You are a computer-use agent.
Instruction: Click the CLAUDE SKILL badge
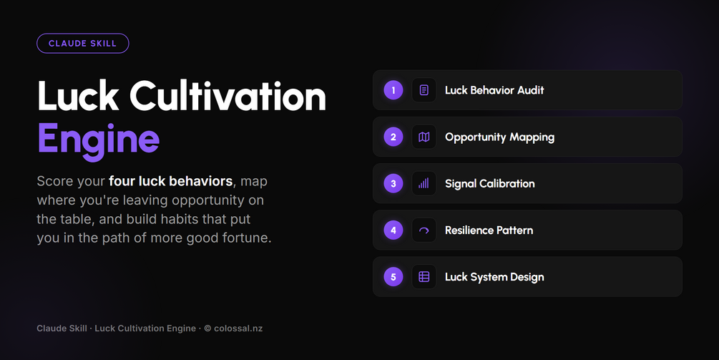[82, 44]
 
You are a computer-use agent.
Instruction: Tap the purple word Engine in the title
[98, 140]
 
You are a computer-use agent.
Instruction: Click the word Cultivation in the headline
[228, 96]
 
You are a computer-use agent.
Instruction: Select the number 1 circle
[393, 90]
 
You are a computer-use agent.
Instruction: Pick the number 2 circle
[393, 137]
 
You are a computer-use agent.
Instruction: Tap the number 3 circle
[393, 183]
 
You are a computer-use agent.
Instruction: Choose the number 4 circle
[393, 230]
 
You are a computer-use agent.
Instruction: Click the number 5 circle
[393, 277]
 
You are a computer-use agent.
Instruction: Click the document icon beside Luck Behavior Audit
[424, 90]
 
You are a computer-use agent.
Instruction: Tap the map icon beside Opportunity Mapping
[424, 137]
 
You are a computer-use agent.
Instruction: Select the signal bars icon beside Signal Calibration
[424, 183]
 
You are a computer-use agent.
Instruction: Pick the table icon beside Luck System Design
[424, 277]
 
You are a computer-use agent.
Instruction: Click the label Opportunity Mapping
[500, 137]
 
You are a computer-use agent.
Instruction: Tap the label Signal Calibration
[490, 184]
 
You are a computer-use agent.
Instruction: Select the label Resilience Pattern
[489, 230]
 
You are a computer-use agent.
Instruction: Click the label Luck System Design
[495, 278]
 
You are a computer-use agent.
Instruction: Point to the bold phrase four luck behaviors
[170, 181]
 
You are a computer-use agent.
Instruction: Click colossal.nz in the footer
[238, 329]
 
